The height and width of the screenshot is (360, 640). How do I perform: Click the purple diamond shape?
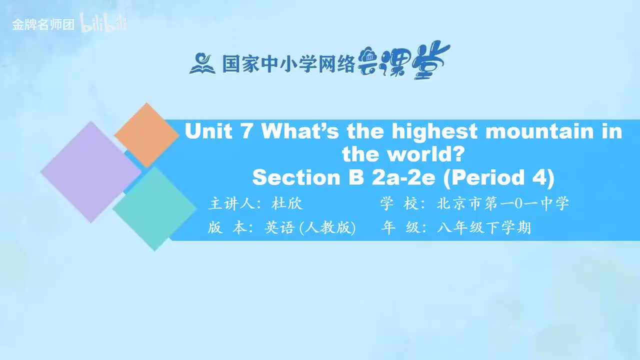91,171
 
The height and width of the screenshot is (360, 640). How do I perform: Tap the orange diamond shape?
146,135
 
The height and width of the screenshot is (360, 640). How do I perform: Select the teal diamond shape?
154,208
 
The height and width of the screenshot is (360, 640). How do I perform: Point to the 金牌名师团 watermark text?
43,24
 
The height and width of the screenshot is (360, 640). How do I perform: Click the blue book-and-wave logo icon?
202,63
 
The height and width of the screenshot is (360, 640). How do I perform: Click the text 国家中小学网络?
288,64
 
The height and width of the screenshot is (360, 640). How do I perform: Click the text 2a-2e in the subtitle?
404,177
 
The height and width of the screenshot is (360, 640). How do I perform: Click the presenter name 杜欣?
287,203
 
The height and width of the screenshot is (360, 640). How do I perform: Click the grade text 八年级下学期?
483,228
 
